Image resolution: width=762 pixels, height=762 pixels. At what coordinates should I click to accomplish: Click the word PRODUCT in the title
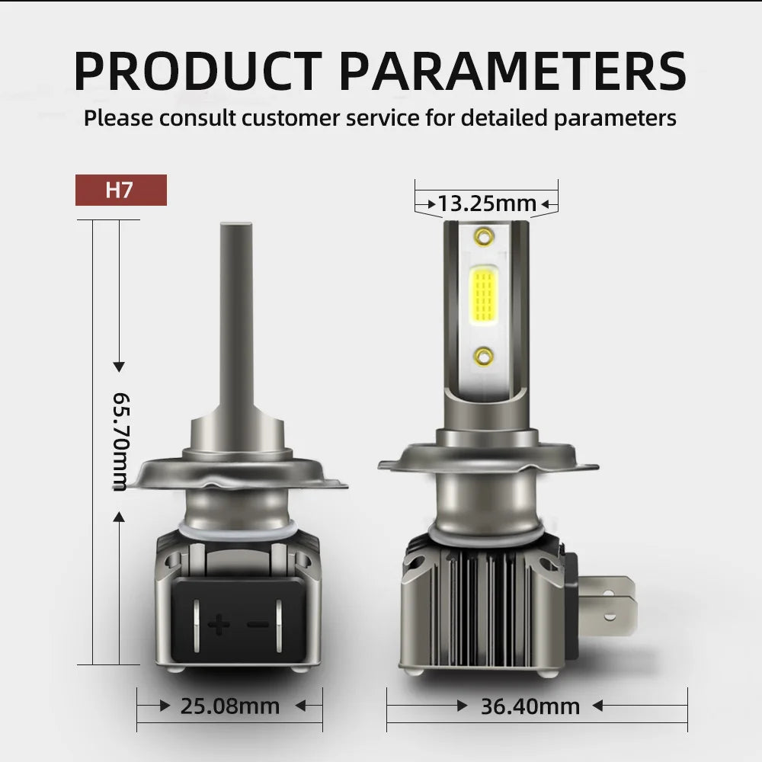[197, 71]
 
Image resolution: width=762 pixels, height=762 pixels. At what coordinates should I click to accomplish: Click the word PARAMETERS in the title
[513, 71]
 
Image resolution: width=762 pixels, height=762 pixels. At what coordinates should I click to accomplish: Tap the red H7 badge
[121, 190]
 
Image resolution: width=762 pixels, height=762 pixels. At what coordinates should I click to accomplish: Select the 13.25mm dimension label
[487, 203]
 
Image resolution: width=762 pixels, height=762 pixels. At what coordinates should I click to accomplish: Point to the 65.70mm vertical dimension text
[121, 442]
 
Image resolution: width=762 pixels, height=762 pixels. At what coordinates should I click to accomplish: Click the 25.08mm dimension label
[230, 706]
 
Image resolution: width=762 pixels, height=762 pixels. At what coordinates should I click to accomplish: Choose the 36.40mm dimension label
[530, 706]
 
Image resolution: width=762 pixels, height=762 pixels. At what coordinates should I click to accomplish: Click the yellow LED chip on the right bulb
[484, 296]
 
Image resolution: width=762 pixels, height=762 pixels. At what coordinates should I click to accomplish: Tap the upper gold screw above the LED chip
[484, 237]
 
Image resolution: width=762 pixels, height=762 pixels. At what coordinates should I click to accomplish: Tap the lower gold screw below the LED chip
[484, 357]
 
